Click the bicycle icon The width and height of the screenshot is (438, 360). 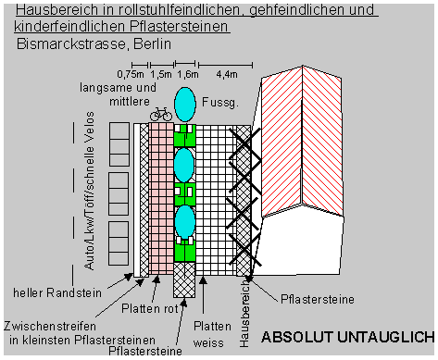[x=160, y=114]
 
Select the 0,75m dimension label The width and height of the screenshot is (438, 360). [x=131, y=72]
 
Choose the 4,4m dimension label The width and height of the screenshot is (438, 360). [x=225, y=72]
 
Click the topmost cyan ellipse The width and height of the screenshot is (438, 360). [x=185, y=104]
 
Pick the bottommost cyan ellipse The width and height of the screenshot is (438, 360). [x=185, y=222]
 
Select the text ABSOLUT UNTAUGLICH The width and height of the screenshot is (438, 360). [x=348, y=336]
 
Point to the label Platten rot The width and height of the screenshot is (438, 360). [x=150, y=307]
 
